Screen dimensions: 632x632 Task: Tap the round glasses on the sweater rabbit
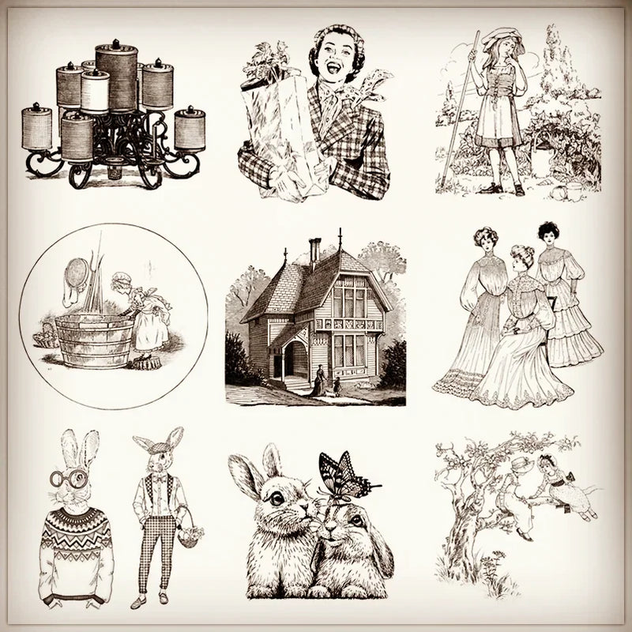tap(68, 479)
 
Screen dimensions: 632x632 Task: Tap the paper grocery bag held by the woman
tap(276, 130)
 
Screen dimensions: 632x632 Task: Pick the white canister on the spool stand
tap(95, 92)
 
